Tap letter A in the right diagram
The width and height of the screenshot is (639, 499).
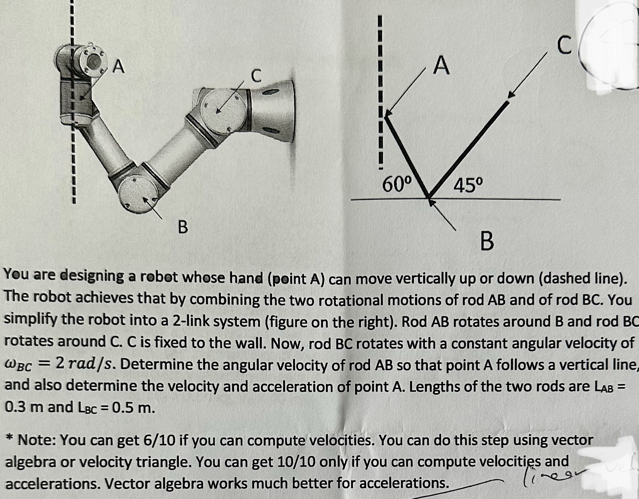pyautogui.click(x=442, y=65)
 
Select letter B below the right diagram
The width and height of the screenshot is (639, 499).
pyautogui.click(x=487, y=242)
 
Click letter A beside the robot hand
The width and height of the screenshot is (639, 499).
pyautogui.click(x=119, y=67)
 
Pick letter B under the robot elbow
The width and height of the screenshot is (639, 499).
pyautogui.click(x=183, y=227)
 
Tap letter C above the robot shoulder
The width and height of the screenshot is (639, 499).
pyautogui.click(x=256, y=76)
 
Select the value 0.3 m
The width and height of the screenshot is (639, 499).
pyautogui.click(x=23, y=407)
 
